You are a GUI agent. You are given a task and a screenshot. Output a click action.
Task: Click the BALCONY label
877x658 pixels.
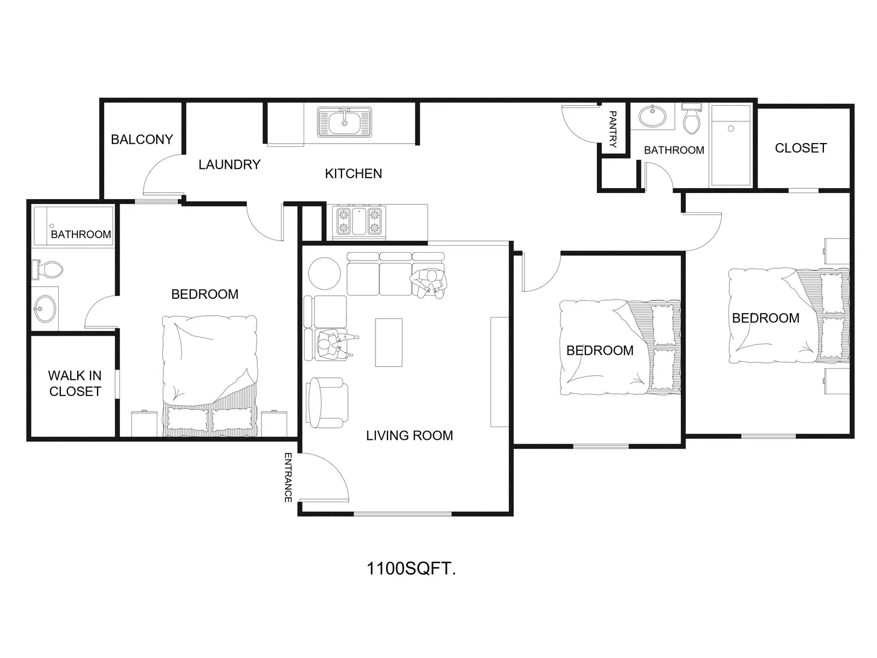(142, 139)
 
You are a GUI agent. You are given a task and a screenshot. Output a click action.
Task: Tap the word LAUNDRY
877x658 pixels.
(229, 164)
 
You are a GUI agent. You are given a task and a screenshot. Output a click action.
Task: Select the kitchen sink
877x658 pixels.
(344, 121)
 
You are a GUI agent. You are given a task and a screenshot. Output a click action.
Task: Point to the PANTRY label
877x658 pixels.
(612, 129)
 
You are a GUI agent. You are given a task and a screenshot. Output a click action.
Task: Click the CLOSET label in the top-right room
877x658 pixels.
(801, 148)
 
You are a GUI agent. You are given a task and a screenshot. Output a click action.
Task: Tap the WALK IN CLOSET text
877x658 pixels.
(75, 383)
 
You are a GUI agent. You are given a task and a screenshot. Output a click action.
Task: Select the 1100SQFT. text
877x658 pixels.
(411, 569)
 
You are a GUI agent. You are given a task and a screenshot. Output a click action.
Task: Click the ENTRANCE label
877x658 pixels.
(288, 478)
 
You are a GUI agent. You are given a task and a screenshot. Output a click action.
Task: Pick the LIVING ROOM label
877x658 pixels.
(409, 435)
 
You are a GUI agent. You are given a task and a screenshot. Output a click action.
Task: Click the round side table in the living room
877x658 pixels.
(324, 273)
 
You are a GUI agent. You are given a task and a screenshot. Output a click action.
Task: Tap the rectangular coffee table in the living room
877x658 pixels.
(389, 342)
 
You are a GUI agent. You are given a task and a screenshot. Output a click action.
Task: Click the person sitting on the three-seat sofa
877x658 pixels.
(428, 283)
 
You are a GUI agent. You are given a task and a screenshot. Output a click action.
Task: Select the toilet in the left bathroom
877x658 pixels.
(48, 270)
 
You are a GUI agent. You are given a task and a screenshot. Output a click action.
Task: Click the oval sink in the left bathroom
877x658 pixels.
(44, 309)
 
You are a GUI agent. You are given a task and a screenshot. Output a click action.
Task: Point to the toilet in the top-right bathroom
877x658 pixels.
(692, 118)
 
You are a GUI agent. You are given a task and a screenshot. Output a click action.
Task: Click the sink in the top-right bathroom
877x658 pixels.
(652, 116)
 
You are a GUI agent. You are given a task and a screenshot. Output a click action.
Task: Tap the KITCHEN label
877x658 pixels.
(353, 174)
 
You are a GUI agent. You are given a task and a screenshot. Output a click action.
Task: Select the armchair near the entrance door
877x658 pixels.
(327, 402)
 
